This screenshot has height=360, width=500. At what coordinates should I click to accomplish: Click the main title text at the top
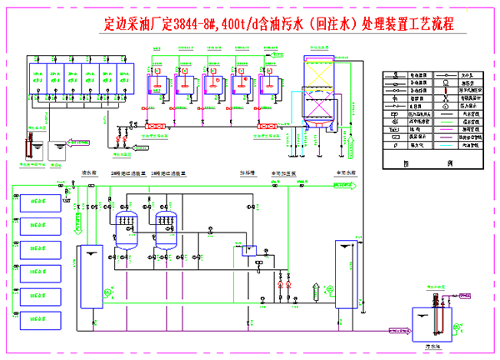276,24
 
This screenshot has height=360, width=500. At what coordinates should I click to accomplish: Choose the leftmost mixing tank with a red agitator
155,84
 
